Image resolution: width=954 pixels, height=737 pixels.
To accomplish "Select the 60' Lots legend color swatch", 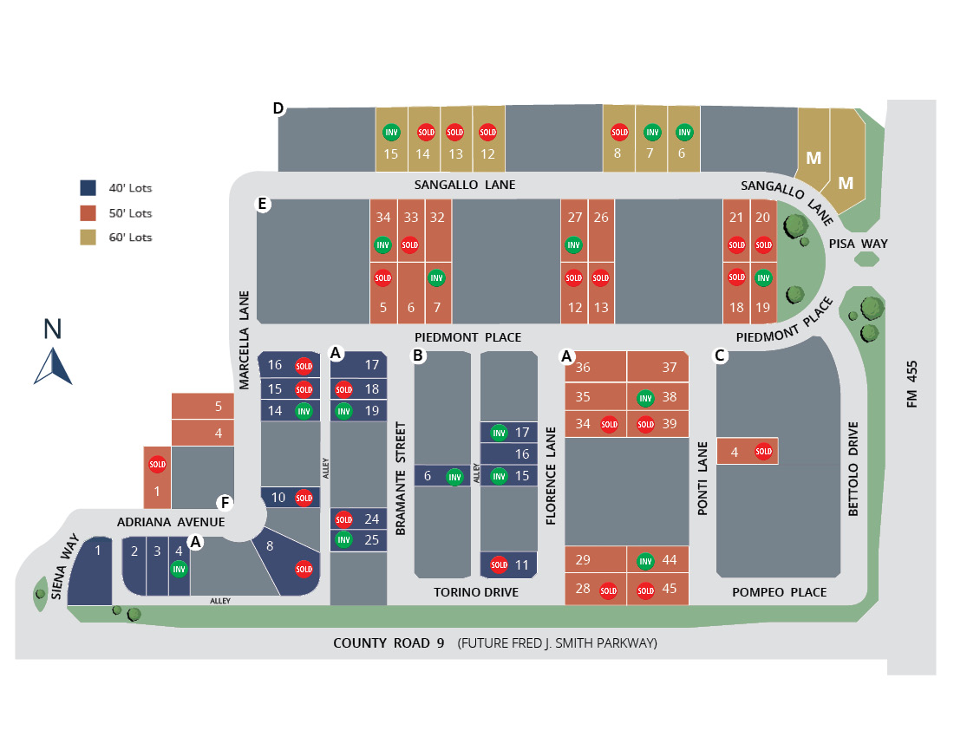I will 88,237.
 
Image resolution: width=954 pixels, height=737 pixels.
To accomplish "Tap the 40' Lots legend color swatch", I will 88,187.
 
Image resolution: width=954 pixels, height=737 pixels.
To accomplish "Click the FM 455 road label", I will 911,383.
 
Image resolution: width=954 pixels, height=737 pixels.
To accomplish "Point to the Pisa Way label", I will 859,244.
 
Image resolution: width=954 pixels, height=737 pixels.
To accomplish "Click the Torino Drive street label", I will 476,592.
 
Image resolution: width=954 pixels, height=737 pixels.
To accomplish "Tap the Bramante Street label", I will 401,478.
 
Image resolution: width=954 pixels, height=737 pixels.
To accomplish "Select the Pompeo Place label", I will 779,592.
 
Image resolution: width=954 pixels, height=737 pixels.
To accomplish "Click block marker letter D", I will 278,108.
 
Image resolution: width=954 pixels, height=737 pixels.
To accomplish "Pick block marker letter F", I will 225,503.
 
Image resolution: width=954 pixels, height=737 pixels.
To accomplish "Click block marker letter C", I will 720,355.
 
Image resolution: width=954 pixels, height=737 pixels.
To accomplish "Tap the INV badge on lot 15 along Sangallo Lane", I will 391,133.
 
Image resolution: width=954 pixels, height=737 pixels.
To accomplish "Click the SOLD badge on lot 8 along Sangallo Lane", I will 619,133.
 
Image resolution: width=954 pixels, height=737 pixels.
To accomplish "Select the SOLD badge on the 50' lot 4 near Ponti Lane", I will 763,451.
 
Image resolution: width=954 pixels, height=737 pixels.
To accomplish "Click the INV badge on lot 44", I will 645,561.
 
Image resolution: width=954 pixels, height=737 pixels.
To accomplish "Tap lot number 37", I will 669,367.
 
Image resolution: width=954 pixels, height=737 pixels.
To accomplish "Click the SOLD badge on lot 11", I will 499,564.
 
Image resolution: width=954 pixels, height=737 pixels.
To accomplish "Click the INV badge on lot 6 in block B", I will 454,476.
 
